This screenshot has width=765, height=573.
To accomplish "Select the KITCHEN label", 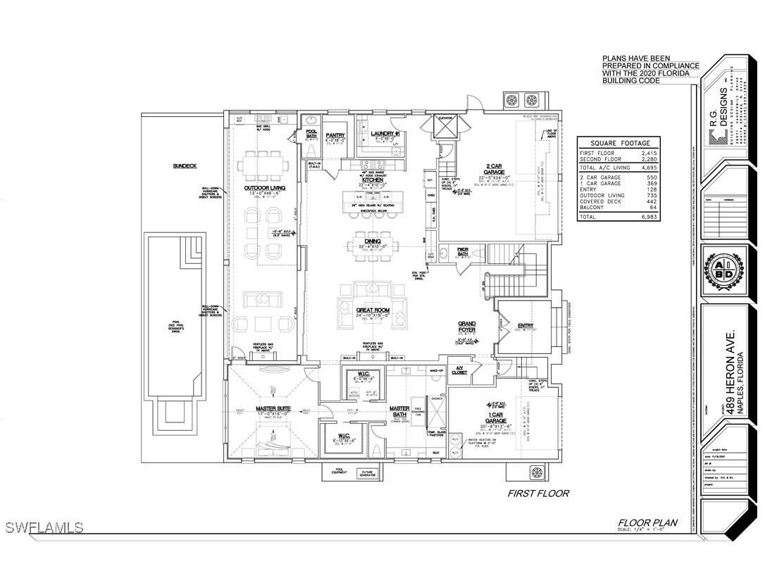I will coord(373,180).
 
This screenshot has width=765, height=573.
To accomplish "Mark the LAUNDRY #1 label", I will coord(387,134).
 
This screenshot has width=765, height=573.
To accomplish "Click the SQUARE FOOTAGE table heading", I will coord(618,141).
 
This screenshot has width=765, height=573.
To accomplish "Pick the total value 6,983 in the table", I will coord(649,217).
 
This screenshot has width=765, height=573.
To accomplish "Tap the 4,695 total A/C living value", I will coord(649,168).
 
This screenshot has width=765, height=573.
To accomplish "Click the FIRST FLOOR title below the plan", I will coord(538,493).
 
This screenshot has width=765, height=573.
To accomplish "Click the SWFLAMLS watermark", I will coord(42,527).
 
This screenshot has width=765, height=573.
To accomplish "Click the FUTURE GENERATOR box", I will coord(366,473).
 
